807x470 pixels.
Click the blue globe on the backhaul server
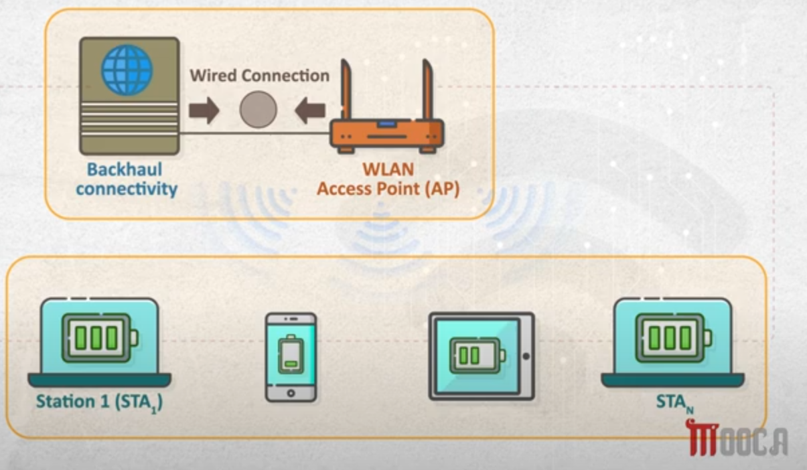pyautogui.click(x=127, y=70)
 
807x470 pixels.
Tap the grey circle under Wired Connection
pyautogui.click(x=259, y=110)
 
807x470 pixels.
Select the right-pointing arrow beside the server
pyautogui.click(x=204, y=110)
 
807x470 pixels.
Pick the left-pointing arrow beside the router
pyautogui.click(x=310, y=110)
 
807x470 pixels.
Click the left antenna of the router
pyautogui.click(x=346, y=89)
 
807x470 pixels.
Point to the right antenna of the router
pyautogui.click(x=428, y=89)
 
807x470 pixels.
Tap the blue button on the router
pyautogui.click(x=386, y=124)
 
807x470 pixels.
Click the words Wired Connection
pyautogui.click(x=260, y=76)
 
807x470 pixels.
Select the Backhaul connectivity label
pyautogui.click(x=127, y=179)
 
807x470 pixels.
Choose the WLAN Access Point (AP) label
pyautogui.click(x=388, y=179)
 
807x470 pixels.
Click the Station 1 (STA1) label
pyautogui.click(x=99, y=402)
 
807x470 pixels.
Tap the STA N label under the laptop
pyautogui.click(x=674, y=403)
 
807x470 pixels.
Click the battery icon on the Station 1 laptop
pyautogui.click(x=100, y=338)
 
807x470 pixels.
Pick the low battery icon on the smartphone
pyautogui.click(x=291, y=354)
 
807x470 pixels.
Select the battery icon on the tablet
pyautogui.click(x=478, y=356)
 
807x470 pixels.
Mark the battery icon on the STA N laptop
pyautogui.click(x=673, y=338)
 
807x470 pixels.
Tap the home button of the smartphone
pyautogui.click(x=291, y=393)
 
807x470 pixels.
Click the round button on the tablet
pyautogui.click(x=526, y=356)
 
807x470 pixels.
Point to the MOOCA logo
pyautogui.click(x=737, y=438)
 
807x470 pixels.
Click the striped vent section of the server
pyautogui.click(x=129, y=119)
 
